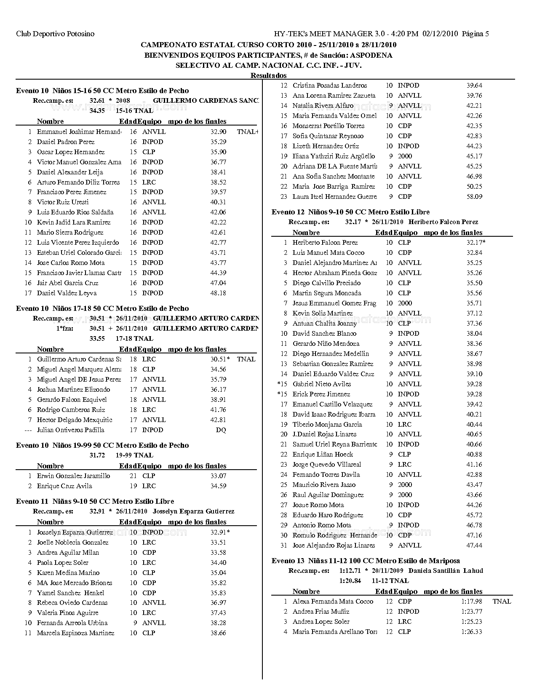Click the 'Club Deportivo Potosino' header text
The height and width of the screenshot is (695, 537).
click(x=55, y=34)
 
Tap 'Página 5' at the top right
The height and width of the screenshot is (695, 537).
click(x=476, y=34)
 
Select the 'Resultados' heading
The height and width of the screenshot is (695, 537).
click(x=268, y=75)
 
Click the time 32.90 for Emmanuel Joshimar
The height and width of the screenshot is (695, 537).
click(x=218, y=132)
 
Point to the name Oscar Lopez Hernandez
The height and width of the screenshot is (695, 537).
click(x=71, y=152)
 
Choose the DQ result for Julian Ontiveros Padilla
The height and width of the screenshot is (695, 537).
click(x=221, y=430)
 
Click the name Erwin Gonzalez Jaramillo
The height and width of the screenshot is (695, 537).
click(x=74, y=476)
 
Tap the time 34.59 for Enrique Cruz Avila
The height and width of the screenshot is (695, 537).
click(x=218, y=486)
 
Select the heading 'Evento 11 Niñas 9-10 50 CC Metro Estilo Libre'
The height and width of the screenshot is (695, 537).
click(x=95, y=501)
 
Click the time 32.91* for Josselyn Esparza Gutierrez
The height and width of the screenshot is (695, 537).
click(x=220, y=532)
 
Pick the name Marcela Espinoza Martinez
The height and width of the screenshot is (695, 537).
click(x=75, y=633)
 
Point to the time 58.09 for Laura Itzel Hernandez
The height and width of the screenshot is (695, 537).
click(x=474, y=197)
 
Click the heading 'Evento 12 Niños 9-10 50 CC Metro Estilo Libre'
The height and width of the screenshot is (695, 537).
click(x=350, y=212)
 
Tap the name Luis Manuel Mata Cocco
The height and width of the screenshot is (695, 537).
click(x=329, y=253)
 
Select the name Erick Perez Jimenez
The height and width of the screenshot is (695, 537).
click(x=321, y=394)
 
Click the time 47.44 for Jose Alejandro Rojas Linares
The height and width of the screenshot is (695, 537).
click(x=474, y=545)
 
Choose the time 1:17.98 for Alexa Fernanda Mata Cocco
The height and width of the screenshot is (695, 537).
click(x=472, y=601)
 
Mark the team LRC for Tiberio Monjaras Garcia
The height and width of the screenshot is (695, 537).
click(x=404, y=425)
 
